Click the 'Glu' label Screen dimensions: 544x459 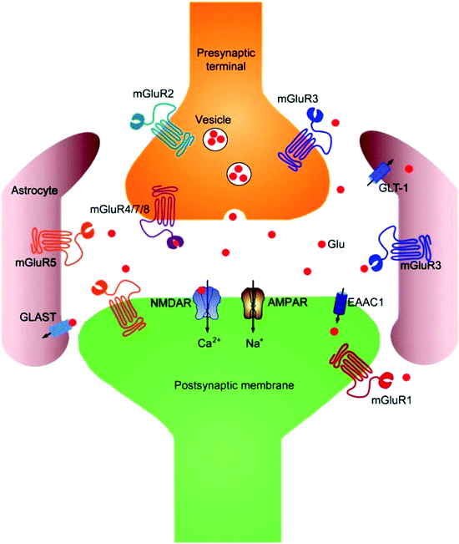pos(337,245)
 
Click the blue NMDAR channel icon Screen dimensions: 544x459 pos(204,302)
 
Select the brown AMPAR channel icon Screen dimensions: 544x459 pos(253,302)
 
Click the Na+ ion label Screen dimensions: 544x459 pos(254,340)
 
